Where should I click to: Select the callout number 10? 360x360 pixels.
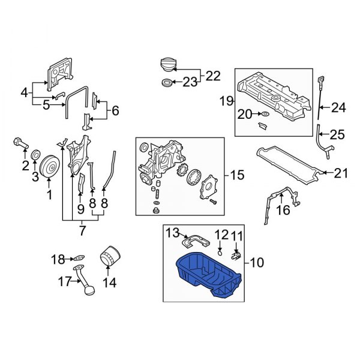(257, 262)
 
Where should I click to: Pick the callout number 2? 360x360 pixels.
(25, 165)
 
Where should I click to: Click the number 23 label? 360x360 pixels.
(190, 83)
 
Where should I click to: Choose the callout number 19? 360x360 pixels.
(226, 101)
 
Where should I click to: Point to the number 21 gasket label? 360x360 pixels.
(340, 173)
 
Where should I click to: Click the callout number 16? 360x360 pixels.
(283, 210)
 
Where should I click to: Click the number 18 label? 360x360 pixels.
(58, 259)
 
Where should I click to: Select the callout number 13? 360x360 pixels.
(172, 232)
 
